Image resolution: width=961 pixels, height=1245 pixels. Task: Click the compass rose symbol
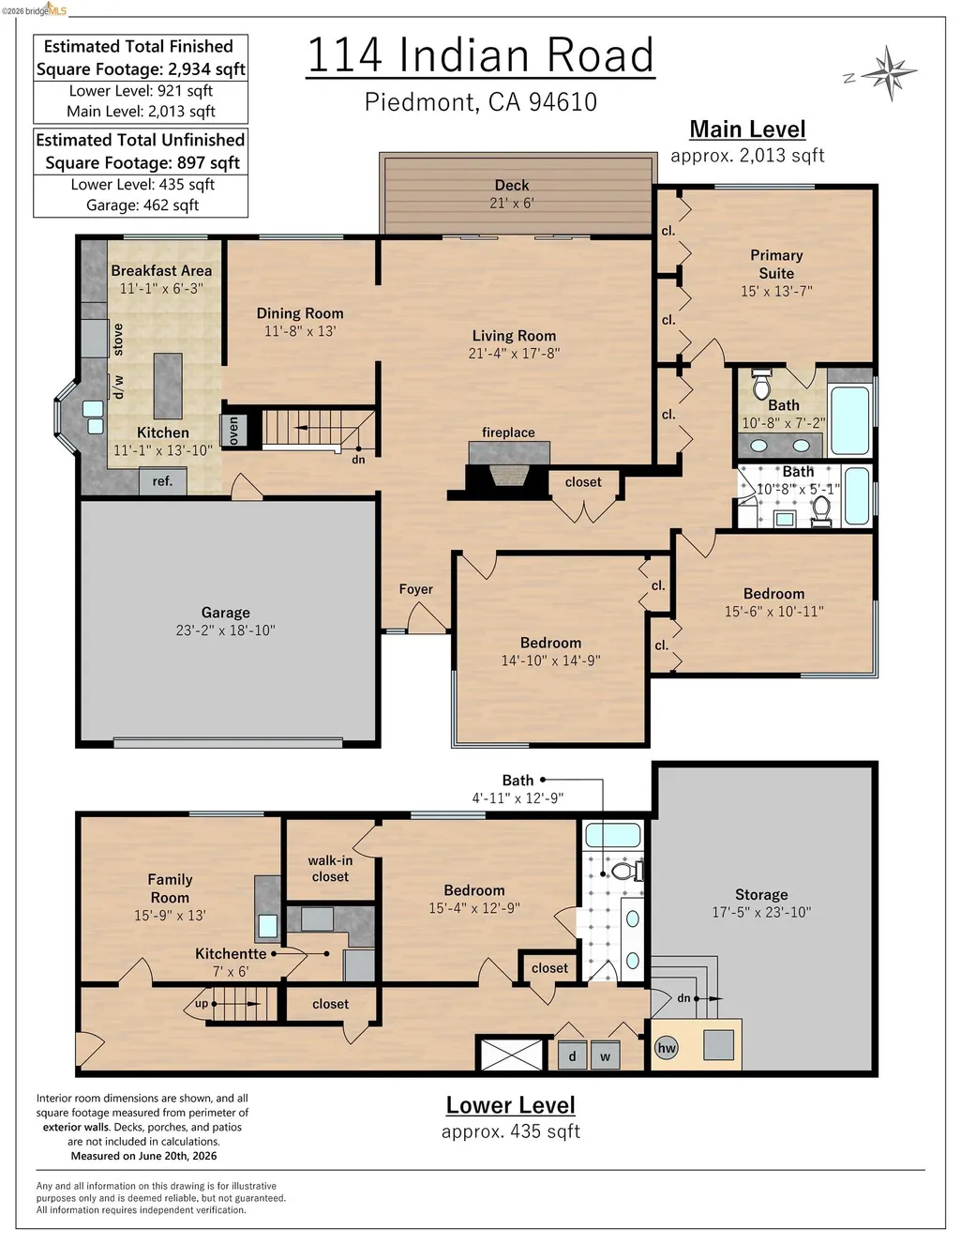(x=889, y=73)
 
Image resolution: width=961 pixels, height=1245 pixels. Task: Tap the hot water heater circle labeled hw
(x=667, y=1048)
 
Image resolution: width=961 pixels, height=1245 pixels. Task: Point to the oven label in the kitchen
(x=233, y=431)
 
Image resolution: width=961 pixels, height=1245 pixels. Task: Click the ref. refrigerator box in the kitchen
(x=162, y=481)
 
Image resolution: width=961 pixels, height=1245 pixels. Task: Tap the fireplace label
(x=508, y=433)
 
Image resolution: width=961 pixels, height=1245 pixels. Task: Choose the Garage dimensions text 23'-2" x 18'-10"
(x=226, y=630)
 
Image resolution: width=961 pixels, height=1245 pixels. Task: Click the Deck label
(x=512, y=185)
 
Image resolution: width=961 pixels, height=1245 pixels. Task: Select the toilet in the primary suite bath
(x=760, y=384)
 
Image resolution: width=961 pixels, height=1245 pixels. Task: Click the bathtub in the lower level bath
(x=612, y=835)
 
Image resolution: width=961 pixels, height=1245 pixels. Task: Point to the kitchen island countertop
(x=168, y=386)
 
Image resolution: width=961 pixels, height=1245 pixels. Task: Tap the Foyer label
(x=416, y=589)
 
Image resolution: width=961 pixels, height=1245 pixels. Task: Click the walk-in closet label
(x=330, y=868)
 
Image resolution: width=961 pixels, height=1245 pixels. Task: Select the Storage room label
(x=761, y=894)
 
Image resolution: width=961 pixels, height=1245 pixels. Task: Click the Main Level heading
(x=747, y=129)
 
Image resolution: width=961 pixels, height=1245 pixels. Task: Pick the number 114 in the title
(x=345, y=55)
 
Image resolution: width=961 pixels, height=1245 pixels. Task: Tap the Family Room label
(x=170, y=888)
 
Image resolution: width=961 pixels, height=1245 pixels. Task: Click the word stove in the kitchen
(x=118, y=340)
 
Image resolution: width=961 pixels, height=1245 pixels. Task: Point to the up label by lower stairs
(x=202, y=1004)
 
